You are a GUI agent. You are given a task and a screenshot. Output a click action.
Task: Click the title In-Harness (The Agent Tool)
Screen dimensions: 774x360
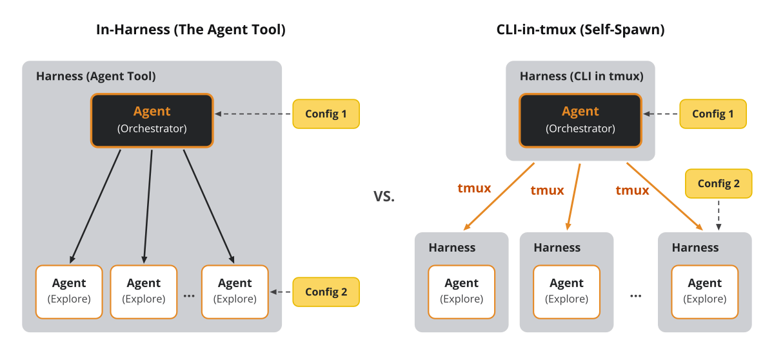(x=191, y=30)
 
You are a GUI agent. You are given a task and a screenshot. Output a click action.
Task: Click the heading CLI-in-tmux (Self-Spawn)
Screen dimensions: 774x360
(x=580, y=30)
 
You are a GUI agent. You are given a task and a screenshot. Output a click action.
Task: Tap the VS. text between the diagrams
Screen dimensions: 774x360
(x=384, y=196)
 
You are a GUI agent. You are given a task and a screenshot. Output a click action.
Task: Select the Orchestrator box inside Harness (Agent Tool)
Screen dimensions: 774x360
(x=152, y=121)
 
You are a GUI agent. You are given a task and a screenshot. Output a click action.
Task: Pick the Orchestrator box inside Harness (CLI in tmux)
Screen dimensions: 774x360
(x=580, y=121)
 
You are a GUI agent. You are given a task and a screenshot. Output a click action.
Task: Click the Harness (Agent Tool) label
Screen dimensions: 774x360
(x=96, y=76)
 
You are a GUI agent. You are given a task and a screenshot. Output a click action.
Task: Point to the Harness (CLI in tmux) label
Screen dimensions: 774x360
(x=582, y=76)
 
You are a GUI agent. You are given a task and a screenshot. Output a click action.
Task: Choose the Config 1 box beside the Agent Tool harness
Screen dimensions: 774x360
(x=326, y=114)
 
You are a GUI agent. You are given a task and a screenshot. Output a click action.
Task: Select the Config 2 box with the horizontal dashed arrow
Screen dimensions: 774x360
(x=326, y=292)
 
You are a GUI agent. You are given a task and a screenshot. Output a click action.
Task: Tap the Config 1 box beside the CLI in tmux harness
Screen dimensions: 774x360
(x=713, y=114)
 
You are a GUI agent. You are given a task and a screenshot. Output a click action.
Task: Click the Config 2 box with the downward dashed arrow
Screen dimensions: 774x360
(x=719, y=183)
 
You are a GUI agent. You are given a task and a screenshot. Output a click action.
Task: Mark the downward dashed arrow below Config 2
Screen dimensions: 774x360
(x=719, y=215)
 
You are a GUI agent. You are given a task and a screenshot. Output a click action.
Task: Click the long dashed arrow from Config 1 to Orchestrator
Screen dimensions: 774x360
(x=253, y=114)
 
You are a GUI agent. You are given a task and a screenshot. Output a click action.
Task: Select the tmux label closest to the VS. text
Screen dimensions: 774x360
(x=474, y=188)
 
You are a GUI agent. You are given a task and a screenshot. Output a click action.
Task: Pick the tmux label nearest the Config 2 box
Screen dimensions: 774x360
(x=632, y=190)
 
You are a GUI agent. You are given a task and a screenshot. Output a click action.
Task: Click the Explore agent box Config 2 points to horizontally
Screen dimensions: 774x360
(x=235, y=292)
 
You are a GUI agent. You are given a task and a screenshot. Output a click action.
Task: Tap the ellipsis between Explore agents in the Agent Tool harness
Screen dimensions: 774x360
(x=189, y=296)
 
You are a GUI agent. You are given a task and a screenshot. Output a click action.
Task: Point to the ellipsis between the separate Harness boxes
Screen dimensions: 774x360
(x=636, y=296)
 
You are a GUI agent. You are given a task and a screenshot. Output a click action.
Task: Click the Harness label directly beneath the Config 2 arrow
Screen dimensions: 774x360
(x=695, y=248)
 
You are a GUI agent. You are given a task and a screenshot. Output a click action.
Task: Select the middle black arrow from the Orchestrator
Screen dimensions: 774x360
(x=148, y=206)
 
